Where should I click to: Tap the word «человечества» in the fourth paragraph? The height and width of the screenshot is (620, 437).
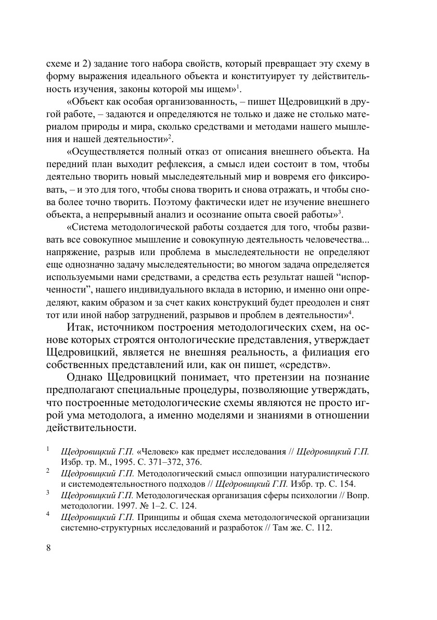pyautogui.click(x=337, y=239)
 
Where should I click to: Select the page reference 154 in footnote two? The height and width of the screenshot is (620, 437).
pyautogui.click(x=346, y=483)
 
